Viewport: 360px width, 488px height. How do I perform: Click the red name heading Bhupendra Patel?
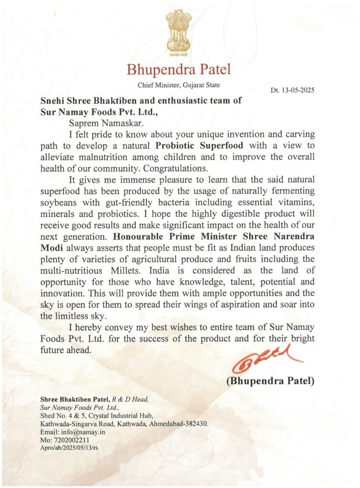coord(179,70)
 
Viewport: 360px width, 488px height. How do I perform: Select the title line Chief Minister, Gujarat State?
coord(179,85)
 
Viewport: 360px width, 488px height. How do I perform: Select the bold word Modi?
coord(49,248)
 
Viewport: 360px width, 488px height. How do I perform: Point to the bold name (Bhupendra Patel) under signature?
coord(270,382)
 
